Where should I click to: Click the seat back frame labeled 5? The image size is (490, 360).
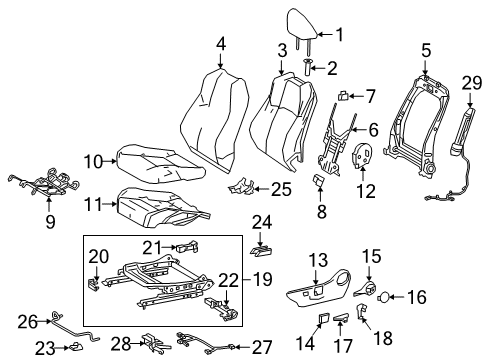click(421, 120)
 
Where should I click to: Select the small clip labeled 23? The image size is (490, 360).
click(72, 348)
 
